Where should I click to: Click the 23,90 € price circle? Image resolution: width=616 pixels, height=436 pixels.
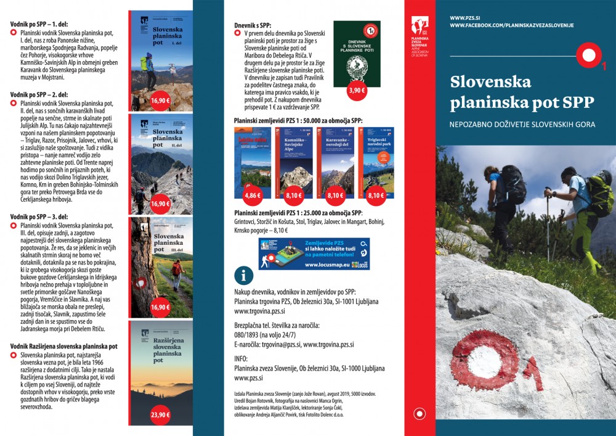click(x=160, y=415)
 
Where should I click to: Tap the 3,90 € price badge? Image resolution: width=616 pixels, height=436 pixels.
click(x=357, y=90)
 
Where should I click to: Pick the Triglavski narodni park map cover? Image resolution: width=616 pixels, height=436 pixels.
click(x=376, y=160)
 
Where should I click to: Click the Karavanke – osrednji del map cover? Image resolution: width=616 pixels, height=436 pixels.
click(x=336, y=160)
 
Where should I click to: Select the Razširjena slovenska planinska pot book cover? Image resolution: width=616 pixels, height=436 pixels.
click(x=161, y=370)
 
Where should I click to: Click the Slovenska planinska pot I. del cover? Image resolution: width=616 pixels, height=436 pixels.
click(x=161, y=59)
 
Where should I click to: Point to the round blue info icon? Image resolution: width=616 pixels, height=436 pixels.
click(x=245, y=274)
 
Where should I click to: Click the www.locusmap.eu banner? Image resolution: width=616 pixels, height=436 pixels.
click(x=314, y=254)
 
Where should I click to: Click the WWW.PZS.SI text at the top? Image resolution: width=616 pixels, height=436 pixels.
click(x=466, y=17)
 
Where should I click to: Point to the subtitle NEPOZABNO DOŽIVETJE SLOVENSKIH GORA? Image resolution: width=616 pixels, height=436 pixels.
click(x=522, y=125)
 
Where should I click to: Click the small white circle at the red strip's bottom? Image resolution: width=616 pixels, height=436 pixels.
click(x=420, y=414)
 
